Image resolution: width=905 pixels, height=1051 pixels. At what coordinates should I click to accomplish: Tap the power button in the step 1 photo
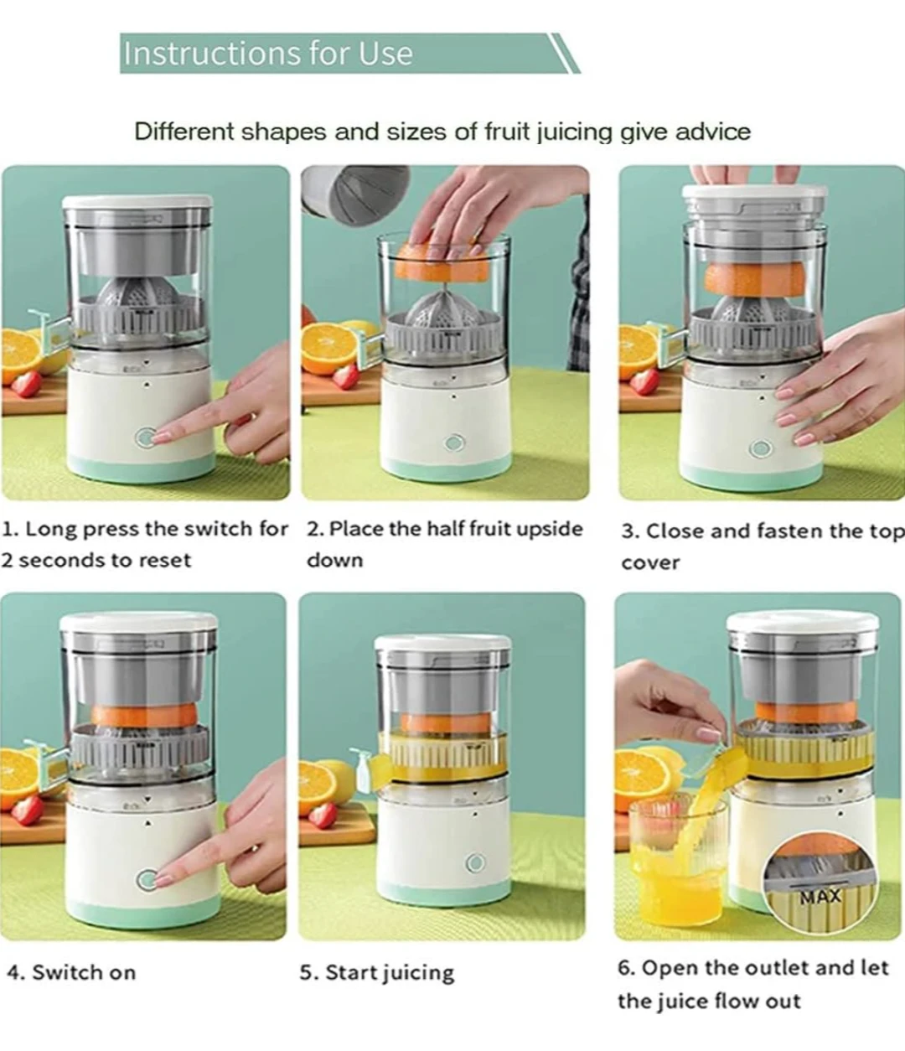(x=146, y=437)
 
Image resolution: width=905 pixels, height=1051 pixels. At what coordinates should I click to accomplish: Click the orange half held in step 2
(x=442, y=262)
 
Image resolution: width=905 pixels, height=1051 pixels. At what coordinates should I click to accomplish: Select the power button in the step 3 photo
(x=761, y=448)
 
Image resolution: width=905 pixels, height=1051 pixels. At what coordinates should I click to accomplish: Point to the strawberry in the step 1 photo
(x=25, y=384)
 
